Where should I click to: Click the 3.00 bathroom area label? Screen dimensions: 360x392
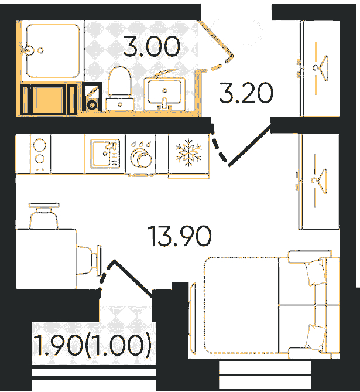(x=152, y=46)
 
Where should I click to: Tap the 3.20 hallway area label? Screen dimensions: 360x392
(x=246, y=93)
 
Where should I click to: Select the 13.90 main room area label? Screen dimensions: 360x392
(x=179, y=236)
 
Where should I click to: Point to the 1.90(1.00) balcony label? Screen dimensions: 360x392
(x=92, y=345)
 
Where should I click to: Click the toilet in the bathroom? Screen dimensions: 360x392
(x=119, y=88)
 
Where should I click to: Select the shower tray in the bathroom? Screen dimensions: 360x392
(x=53, y=51)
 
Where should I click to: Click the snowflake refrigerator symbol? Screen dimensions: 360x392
(x=188, y=152)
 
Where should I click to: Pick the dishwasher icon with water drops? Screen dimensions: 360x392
(x=141, y=154)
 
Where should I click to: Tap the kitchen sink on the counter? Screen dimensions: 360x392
(x=105, y=154)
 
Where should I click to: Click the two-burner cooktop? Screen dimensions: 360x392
(x=40, y=154)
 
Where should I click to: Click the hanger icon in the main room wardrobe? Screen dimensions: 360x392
(x=320, y=180)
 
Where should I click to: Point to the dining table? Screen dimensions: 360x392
(x=46, y=259)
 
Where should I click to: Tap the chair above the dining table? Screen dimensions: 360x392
(x=44, y=216)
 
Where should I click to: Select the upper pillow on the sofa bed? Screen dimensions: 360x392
(x=314, y=272)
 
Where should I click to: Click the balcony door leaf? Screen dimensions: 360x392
(x=133, y=279)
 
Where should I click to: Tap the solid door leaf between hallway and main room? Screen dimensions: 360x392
(x=250, y=146)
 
